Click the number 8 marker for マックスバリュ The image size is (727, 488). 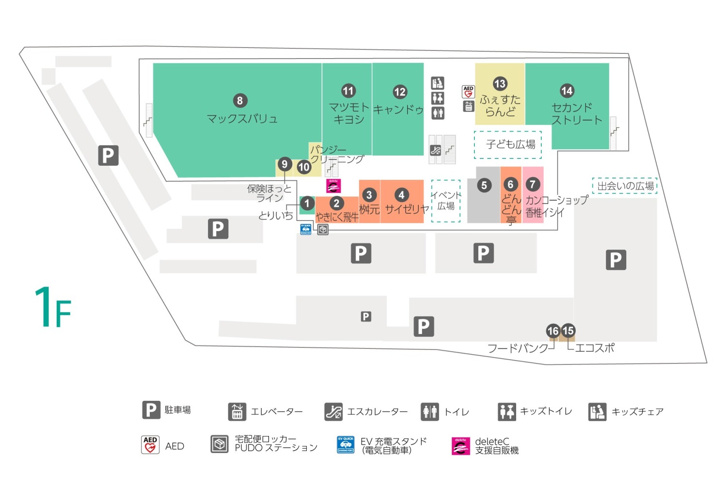(240, 101)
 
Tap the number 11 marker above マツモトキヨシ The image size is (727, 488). (348, 91)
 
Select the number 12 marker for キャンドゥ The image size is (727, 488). (400, 92)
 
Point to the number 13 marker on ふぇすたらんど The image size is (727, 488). (500, 84)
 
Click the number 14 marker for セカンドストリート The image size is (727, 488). (567, 91)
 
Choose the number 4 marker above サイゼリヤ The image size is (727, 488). (401, 195)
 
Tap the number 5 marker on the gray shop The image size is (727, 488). (484, 185)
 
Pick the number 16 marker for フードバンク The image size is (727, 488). (553, 331)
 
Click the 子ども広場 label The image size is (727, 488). (510, 144)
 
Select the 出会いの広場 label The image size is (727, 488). (625, 186)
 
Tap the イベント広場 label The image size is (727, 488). (446, 201)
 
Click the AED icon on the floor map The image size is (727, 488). (468, 92)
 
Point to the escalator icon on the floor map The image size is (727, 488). (435, 150)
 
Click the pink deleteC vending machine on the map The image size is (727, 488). (333, 186)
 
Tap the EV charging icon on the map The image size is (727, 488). (306, 229)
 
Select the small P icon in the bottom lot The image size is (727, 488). (366, 316)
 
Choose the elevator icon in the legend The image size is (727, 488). (237, 411)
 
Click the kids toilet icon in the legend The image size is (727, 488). (507, 411)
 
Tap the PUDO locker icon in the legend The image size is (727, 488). (220, 444)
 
